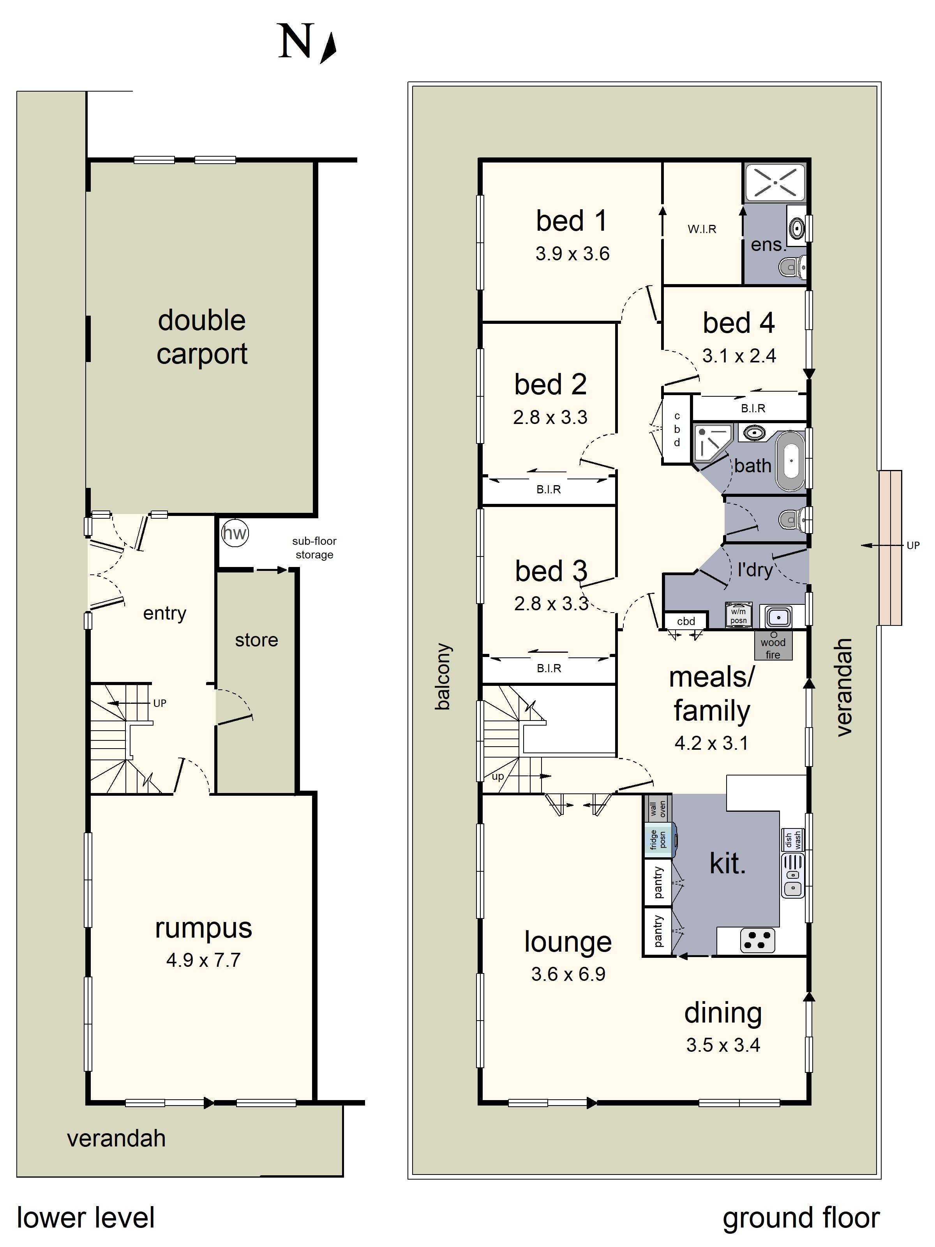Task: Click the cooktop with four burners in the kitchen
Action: [x=757, y=940]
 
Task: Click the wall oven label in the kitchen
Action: [x=658, y=809]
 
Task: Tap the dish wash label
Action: [x=793, y=841]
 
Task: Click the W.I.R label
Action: [x=702, y=229]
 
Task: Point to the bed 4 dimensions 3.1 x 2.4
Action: [x=739, y=356]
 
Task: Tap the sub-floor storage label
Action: [x=314, y=548]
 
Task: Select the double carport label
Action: [x=202, y=337]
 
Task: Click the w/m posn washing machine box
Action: [x=738, y=615]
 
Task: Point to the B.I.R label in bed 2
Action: [x=549, y=489]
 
